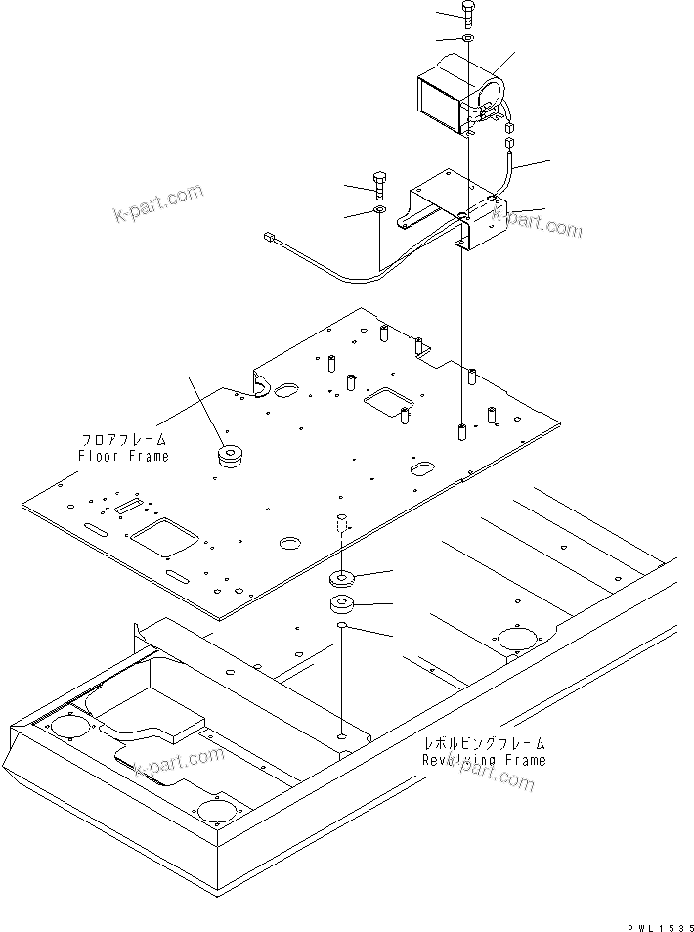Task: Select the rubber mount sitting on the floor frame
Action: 232,456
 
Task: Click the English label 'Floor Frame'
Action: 123,456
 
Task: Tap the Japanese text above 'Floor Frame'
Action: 125,440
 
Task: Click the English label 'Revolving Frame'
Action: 484,760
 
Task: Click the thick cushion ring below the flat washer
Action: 342,603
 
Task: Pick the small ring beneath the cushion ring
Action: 342,626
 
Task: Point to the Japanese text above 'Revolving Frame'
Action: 484,744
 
